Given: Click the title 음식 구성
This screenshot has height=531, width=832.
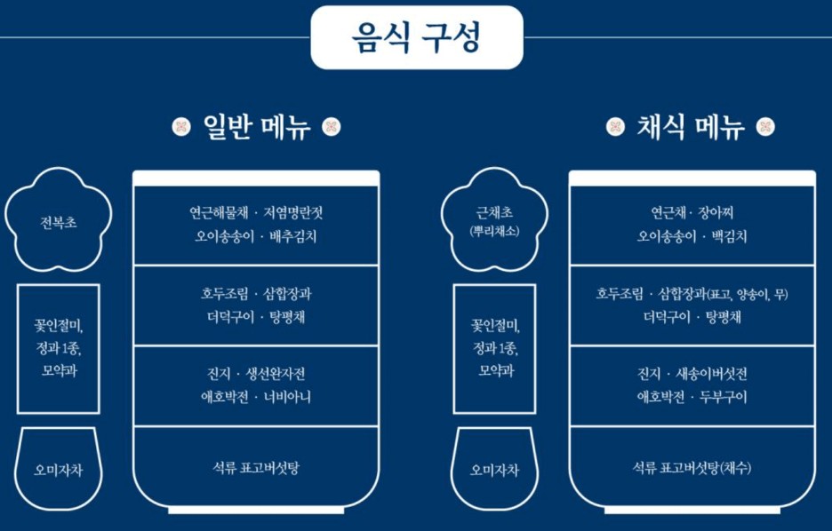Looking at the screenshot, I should pyautogui.click(x=416, y=37).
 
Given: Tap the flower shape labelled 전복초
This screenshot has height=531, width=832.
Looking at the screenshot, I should pyautogui.click(x=59, y=222).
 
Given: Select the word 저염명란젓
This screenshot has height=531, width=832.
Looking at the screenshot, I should pyautogui.click(x=298, y=214).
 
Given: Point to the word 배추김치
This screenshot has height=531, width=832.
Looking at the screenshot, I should pyautogui.click(x=293, y=237).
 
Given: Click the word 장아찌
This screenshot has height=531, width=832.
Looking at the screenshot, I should pyautogui.click(x=716, y=214).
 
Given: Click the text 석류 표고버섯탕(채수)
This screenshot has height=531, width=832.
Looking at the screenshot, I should pyautogui.click(x=692, y=468).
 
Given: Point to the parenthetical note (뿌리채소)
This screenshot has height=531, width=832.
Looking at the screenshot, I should pyautogui.click(x=494, y=232).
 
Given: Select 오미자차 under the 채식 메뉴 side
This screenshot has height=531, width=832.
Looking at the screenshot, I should pyautogui.click(x=494, y=470).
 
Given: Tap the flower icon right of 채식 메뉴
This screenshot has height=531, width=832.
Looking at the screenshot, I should pyautogui.click(x=765, y=127).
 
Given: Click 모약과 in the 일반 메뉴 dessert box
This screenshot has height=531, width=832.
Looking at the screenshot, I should pyautogui.click(x=59, y=370).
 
